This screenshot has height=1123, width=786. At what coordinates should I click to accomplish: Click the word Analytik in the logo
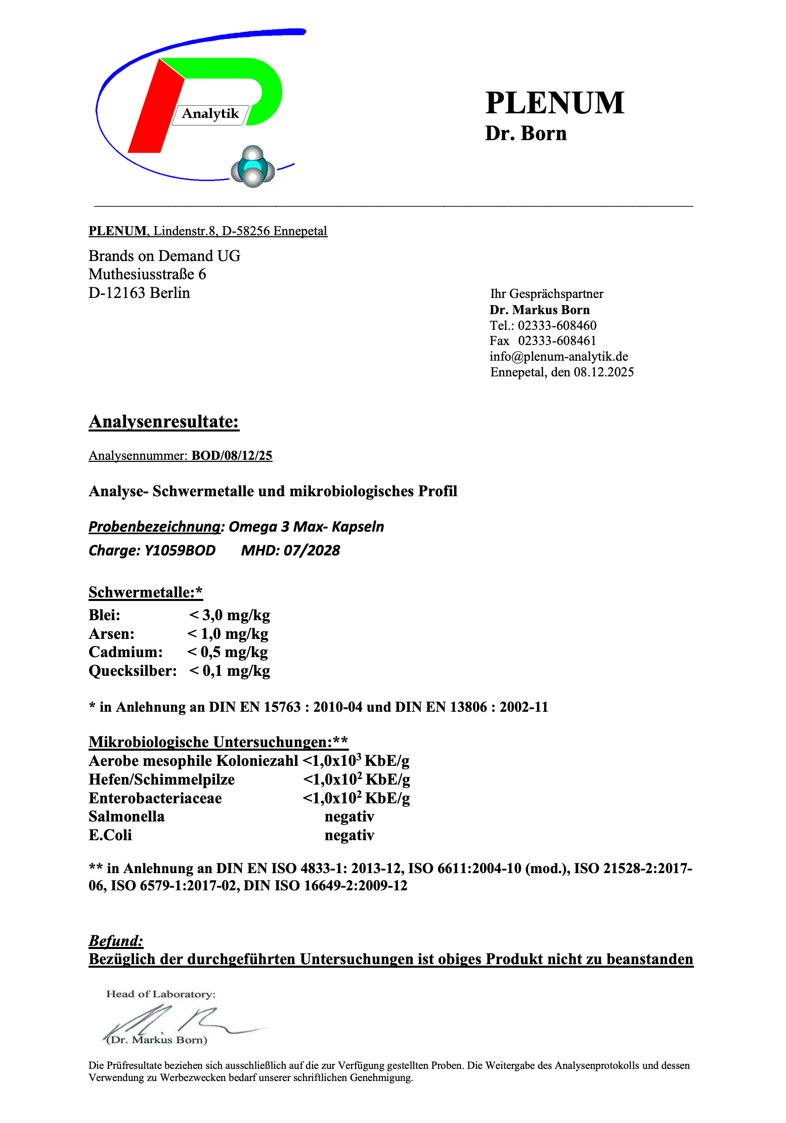pos(210,114)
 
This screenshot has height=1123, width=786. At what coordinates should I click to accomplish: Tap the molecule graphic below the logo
pos(252,167)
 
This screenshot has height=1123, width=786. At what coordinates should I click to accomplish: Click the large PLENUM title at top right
pos(554,103)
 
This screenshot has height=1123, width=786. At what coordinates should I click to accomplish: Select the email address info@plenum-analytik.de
pos(558,357)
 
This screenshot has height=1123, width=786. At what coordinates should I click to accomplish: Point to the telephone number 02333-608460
pos(557,325)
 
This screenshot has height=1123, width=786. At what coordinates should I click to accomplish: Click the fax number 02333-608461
pos(557,341)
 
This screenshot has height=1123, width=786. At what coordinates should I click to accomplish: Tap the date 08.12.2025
pos(603,372)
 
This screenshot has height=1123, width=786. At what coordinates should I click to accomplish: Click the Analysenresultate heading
pos(164,421)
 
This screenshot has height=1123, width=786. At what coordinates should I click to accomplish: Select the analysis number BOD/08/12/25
pos(232,456)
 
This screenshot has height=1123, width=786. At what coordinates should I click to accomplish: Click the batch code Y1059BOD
pos(180,550)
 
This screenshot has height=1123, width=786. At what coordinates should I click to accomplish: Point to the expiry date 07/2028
pos(312,550)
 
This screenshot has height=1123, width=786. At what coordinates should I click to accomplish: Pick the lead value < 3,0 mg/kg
pos(229,615)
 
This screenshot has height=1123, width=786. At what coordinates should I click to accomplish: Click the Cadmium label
pos(125,652)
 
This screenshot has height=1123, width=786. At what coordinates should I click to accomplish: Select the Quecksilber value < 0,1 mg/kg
pos(229,671)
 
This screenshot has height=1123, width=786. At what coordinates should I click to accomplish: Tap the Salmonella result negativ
pos(349,816)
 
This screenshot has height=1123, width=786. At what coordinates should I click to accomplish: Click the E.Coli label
pos(110,835)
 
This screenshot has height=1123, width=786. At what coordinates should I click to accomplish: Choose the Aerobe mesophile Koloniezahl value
pos(356,761)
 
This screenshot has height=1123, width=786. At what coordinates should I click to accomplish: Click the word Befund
pos(116,941)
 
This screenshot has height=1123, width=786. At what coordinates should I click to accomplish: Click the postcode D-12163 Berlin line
pos(139,293)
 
